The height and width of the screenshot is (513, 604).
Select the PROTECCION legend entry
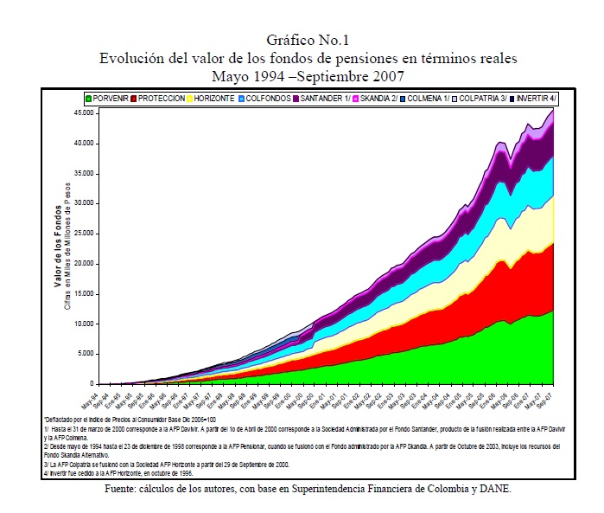161,99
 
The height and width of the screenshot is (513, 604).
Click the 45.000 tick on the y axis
85,113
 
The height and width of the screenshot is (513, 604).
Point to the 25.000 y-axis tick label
85,234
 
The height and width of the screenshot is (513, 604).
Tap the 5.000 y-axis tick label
86,354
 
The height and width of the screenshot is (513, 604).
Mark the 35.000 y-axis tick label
85,173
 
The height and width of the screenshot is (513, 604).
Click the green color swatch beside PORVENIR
89,99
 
